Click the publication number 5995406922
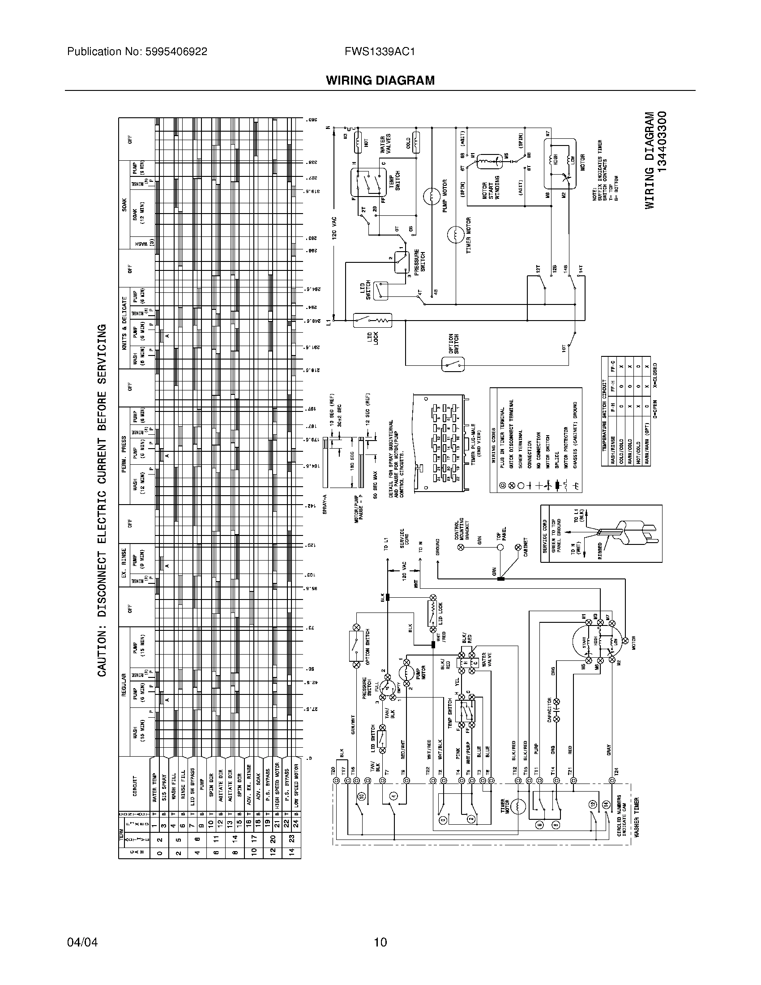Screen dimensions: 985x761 tap(176, 52)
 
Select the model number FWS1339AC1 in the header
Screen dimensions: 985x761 tap(380, 52)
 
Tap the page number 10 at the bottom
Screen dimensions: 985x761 tap(380, 942)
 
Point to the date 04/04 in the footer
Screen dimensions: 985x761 tap(82, 942)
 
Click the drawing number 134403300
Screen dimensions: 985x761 tap(661, 141)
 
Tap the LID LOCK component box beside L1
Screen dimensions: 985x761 tap(372, 321)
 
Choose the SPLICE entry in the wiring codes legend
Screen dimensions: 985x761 tap(557, 460)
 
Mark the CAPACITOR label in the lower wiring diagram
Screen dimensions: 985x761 tap(549, 711)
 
